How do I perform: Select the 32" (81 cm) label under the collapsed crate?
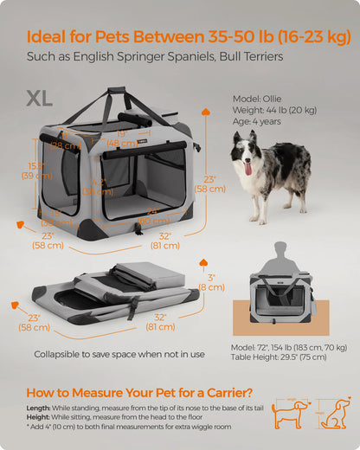(160, 321)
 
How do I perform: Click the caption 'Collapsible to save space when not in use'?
(119, 354)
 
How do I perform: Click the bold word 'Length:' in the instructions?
(38, 408)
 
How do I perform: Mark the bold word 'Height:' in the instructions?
(38, 417)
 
